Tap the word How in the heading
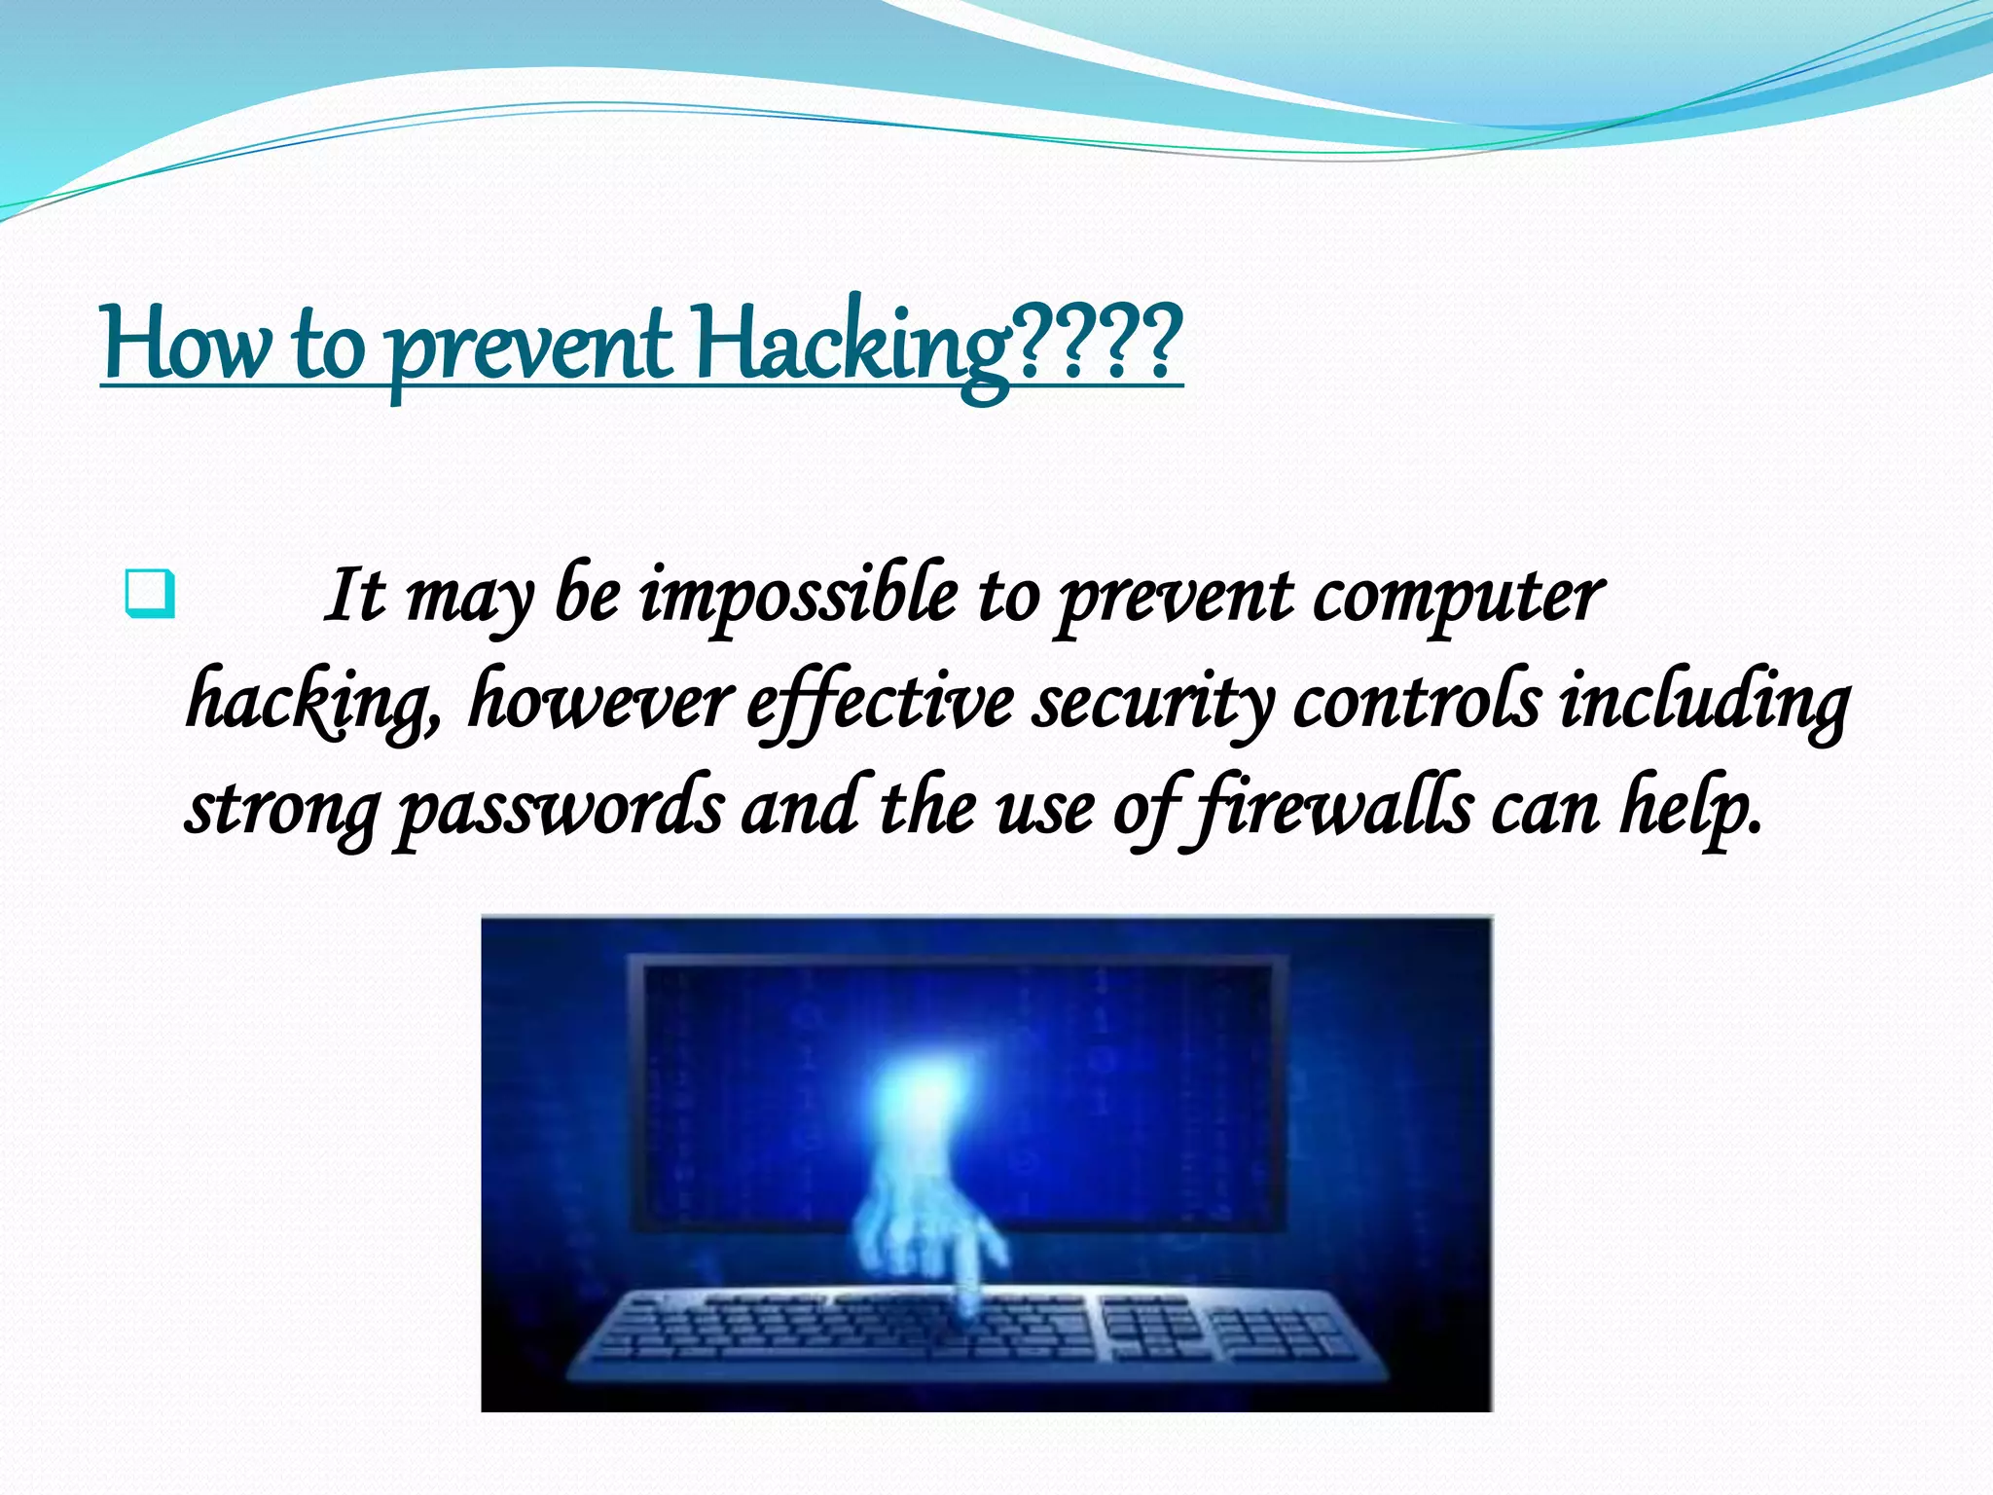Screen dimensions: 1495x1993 [x=185, y=346]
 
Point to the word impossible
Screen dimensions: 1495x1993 [x=797, y=596]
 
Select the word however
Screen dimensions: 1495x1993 [x=598, y=701]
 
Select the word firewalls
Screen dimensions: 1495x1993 [x=1332, y=808]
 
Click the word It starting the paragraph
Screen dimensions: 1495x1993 [x=354, y=596]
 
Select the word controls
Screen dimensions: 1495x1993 [x=1417, y=701]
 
